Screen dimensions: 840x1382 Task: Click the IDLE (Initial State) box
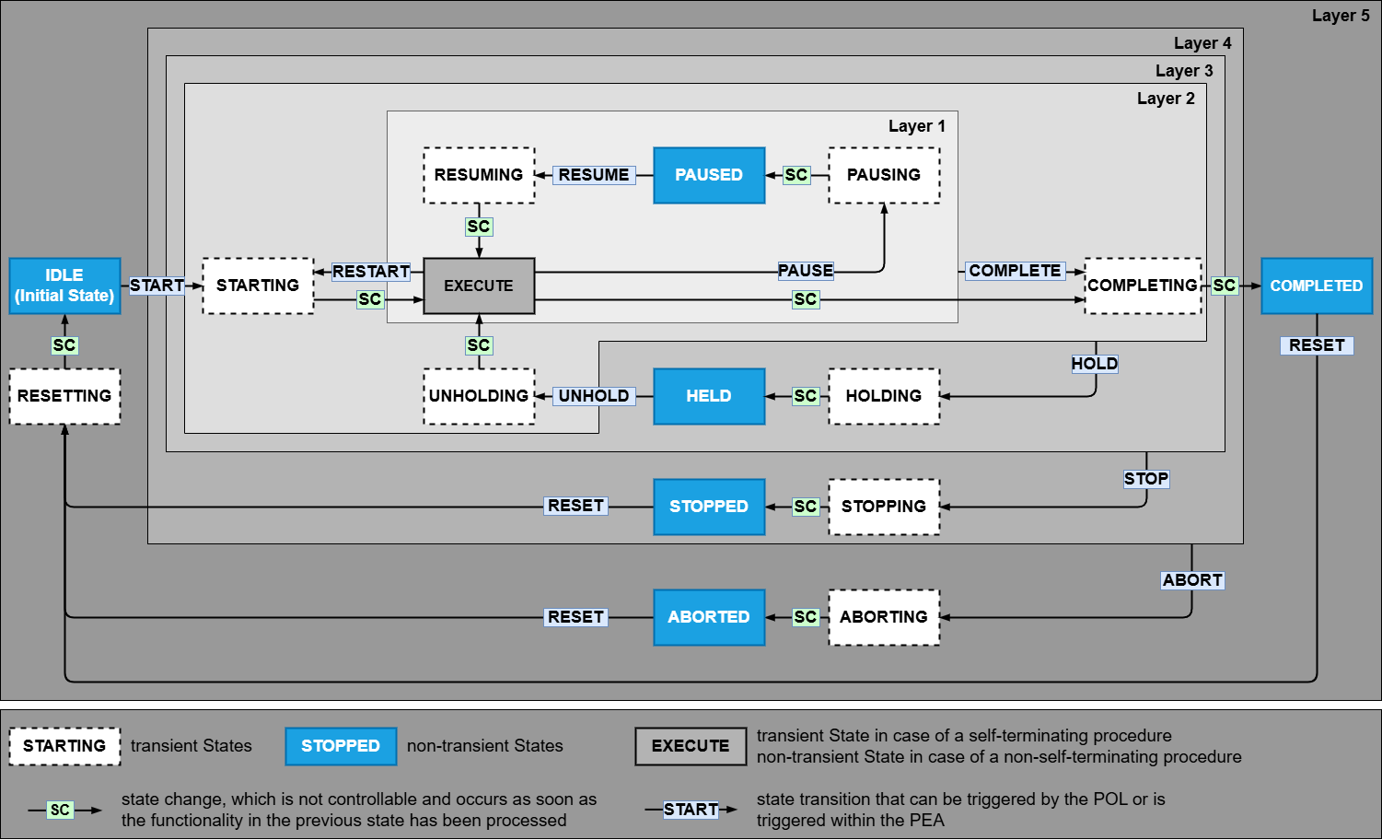pos(64,286)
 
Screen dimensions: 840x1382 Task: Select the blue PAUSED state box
pos(708,175)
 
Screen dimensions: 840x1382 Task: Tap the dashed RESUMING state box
pos(479,175)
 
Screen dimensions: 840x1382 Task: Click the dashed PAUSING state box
pos(884,175)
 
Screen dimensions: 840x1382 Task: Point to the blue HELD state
pos(708,396)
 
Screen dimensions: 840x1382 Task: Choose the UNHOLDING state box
pos(479,396)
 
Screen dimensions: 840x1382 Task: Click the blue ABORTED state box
pos(708,617)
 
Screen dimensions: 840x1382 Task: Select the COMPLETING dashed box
pos(1143,286)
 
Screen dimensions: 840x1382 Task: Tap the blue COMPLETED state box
pos(1316,286)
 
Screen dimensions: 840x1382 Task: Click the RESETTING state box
pos(64,396)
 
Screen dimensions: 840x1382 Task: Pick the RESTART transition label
pos(371,272)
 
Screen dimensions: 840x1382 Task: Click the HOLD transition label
pos(1094,364)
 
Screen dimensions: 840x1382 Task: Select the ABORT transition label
pos(1192,580)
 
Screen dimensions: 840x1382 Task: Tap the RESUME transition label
pos(594,175)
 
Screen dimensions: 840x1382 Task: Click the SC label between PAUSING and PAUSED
pos(796,175)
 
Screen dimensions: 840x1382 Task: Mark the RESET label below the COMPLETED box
pos(1317,345)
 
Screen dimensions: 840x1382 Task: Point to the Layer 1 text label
pos(916,126)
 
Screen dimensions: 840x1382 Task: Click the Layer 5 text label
pos(1341,16)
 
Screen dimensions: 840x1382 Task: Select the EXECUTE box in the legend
pos(690,746)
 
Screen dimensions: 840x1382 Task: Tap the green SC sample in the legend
pos(60,810)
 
